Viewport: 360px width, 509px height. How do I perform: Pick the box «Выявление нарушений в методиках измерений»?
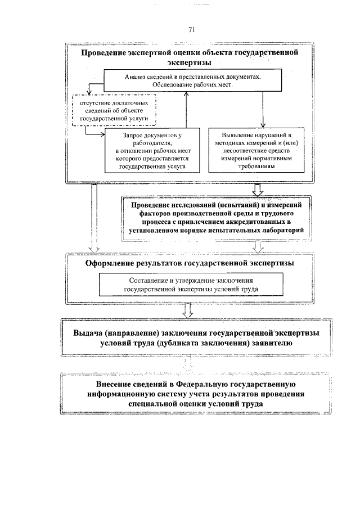tap(249, 151)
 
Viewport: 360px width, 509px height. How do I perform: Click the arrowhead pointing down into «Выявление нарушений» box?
tap(262, 126)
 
